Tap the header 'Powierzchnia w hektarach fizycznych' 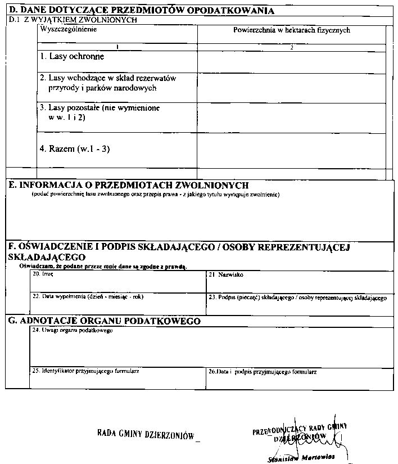[x=291, y=30]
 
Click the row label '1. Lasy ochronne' [x=72, y=57]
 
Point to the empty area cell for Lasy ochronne [x=291, y=62]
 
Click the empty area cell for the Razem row [x=291, y=150]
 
